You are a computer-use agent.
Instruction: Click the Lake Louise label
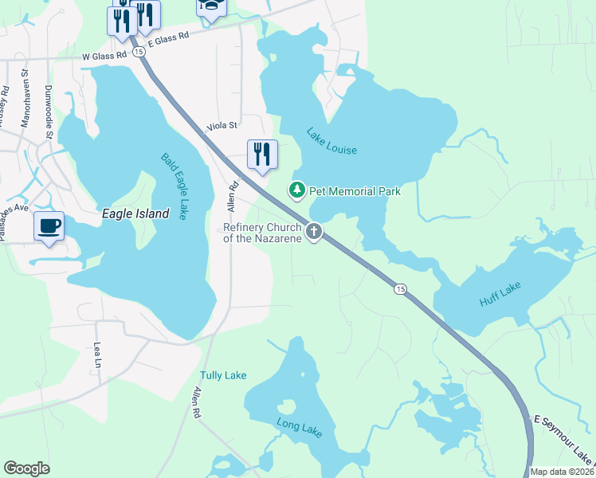click(x=331, y=142)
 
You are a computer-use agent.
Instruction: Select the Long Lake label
click(x=299, y=428)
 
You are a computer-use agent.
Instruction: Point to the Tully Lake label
click(x=223, y=375)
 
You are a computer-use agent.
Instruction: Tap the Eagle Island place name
click(x=135, y=214)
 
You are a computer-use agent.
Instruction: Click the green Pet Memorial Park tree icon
click(x=296, y=190)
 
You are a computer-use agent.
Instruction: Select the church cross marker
click(x=314, y=232)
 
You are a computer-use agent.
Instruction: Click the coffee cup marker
click(x=49, y=225)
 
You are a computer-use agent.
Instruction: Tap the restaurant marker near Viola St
click(x=262, y=153)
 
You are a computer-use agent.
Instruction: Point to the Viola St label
click(x=222, y=126)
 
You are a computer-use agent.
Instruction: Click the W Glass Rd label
click(x=104, y=56)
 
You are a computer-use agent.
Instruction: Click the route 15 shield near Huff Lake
click(x=400, y=288)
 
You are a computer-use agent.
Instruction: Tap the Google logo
click(x=26, y=468)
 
